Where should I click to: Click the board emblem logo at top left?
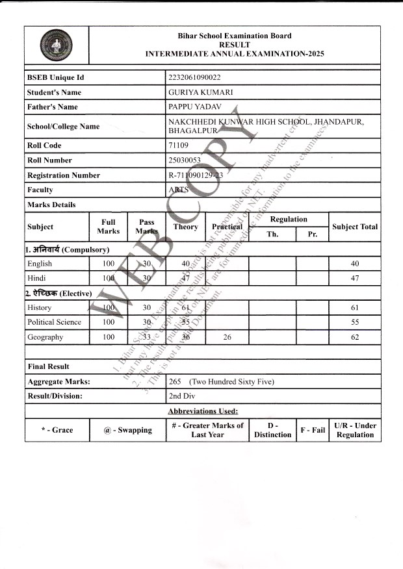pos(57,45)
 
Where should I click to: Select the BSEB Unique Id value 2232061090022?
pos(195,78)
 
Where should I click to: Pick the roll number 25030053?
pos(185,160)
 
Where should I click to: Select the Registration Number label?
pos(64,175)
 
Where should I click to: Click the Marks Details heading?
pos(51,205)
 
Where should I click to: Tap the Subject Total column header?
pos(354,227)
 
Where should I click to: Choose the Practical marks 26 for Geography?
pos(227,337)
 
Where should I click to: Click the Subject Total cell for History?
pos(354,307)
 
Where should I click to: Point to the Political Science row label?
pos(55,322)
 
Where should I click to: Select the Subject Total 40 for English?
pos(354,264)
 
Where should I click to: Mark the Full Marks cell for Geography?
pos(109,337)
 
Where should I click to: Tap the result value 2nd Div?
pos(184,396)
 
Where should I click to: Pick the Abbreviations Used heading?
pos(203,411)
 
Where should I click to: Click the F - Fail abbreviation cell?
pos(313,430)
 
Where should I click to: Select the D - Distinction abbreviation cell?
pos(272,430)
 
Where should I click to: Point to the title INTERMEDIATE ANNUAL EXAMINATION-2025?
pos(235,54)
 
